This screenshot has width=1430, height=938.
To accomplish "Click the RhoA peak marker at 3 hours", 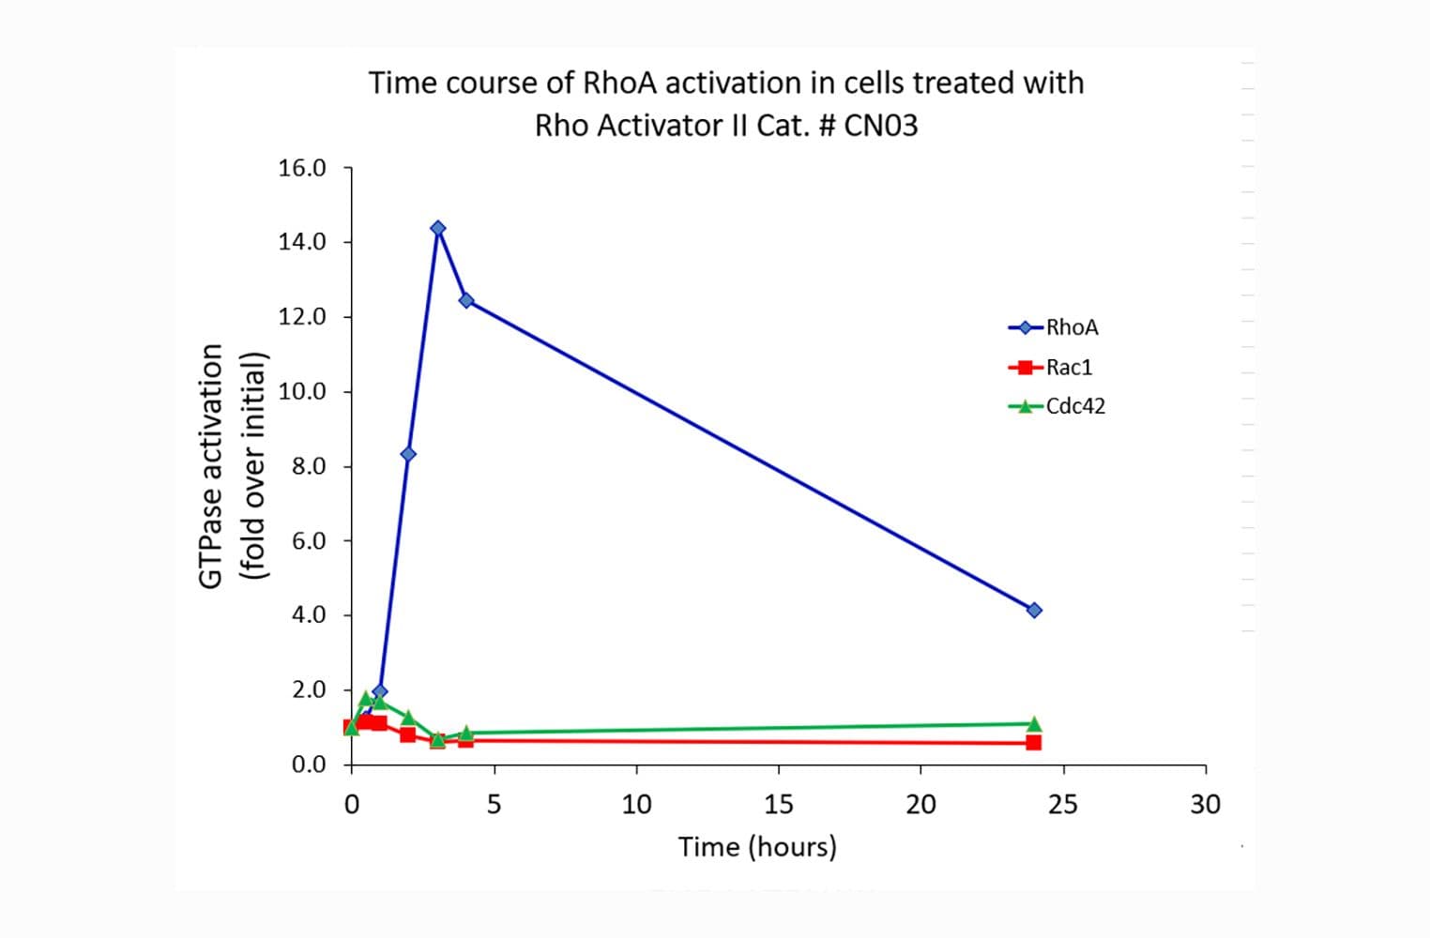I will click(437, 228).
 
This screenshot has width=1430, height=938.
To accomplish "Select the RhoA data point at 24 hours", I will click(1034, 610).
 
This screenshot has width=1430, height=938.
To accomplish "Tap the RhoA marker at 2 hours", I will click(408, 454).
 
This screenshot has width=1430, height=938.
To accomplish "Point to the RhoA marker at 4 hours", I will click(465, 300).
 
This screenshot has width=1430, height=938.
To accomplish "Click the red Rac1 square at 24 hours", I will click(1033, 742).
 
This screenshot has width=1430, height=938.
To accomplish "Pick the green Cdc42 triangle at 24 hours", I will click(1034, 723).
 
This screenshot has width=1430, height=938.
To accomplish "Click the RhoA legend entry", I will click(1072, 327).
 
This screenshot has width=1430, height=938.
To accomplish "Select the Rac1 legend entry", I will click(1069, 367).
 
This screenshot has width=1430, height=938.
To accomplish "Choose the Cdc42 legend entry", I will click(1075, 406).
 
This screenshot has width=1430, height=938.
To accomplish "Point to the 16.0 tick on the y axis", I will click(302, 168).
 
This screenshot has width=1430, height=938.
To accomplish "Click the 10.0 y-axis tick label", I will click(302, 391).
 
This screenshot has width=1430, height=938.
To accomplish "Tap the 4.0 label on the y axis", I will click(308, 614).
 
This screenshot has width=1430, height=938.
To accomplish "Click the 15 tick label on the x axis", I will click(779, 804).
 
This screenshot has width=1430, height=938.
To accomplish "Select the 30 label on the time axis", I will click(1206, 804).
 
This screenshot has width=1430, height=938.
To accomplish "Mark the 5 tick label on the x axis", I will click(494, 804).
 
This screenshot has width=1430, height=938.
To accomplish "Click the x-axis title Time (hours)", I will click(757, 846).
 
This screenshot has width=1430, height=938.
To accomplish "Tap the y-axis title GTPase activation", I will click(212, 466).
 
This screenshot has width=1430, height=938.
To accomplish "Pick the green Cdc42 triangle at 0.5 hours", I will click(366, 698).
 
